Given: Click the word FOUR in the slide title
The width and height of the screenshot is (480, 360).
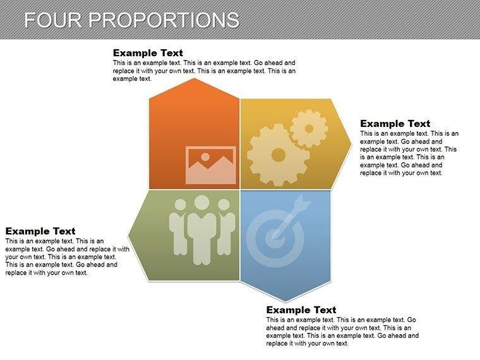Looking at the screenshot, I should coord(53,20).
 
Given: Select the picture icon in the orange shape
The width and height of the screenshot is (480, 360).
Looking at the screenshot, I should coord(210,165).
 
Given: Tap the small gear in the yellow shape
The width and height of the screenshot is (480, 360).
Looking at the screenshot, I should coord(309,129).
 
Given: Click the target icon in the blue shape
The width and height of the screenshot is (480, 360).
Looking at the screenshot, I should coord(276,233).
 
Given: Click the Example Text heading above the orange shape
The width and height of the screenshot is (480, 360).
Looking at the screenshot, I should coord(147,53).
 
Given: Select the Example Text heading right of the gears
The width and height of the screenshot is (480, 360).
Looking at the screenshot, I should coord(395,124).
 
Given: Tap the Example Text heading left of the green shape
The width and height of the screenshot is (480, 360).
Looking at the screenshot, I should coord(40,231).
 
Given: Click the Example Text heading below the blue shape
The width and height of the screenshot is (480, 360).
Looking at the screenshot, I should coord(301,310).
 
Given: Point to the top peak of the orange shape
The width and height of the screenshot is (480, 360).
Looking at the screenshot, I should coord(195,80).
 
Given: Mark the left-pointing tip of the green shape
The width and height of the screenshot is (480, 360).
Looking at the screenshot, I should coord(129,235).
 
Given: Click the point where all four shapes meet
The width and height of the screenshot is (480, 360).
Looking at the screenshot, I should coord(240,189).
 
